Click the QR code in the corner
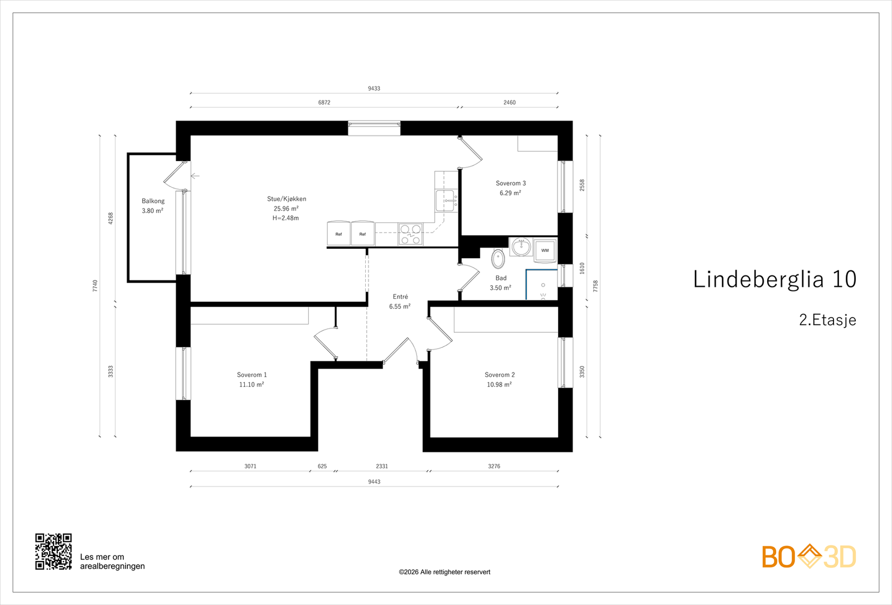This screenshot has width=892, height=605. pos(54,551)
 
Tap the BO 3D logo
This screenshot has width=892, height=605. pos(809,556)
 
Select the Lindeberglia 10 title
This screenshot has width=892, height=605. pos(774,279)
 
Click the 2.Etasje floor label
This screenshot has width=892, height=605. pos(827,320)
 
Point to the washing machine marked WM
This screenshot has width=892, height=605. pos(545,250)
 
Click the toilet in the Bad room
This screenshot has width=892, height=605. pos(498,259)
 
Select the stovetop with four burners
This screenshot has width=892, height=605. pos(410,234)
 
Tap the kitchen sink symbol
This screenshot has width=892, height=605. pos(447,200)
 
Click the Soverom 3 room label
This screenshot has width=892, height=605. pos(511,183)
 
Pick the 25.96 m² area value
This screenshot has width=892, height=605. pos(286,209)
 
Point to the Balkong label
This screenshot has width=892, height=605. pos(153,201)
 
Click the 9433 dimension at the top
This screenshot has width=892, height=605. pos(374,89)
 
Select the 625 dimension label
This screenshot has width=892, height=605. pos(322,466)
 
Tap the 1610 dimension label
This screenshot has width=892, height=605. pos(582,268)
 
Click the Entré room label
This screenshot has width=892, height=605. pos(400,297)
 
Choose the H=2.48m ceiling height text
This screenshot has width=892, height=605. pos(285,218)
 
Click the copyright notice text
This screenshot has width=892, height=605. pos(444,572)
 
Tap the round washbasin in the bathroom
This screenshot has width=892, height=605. pos(521,248)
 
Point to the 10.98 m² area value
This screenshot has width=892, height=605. pos(499,384)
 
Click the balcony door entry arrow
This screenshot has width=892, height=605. pos(195,176)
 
